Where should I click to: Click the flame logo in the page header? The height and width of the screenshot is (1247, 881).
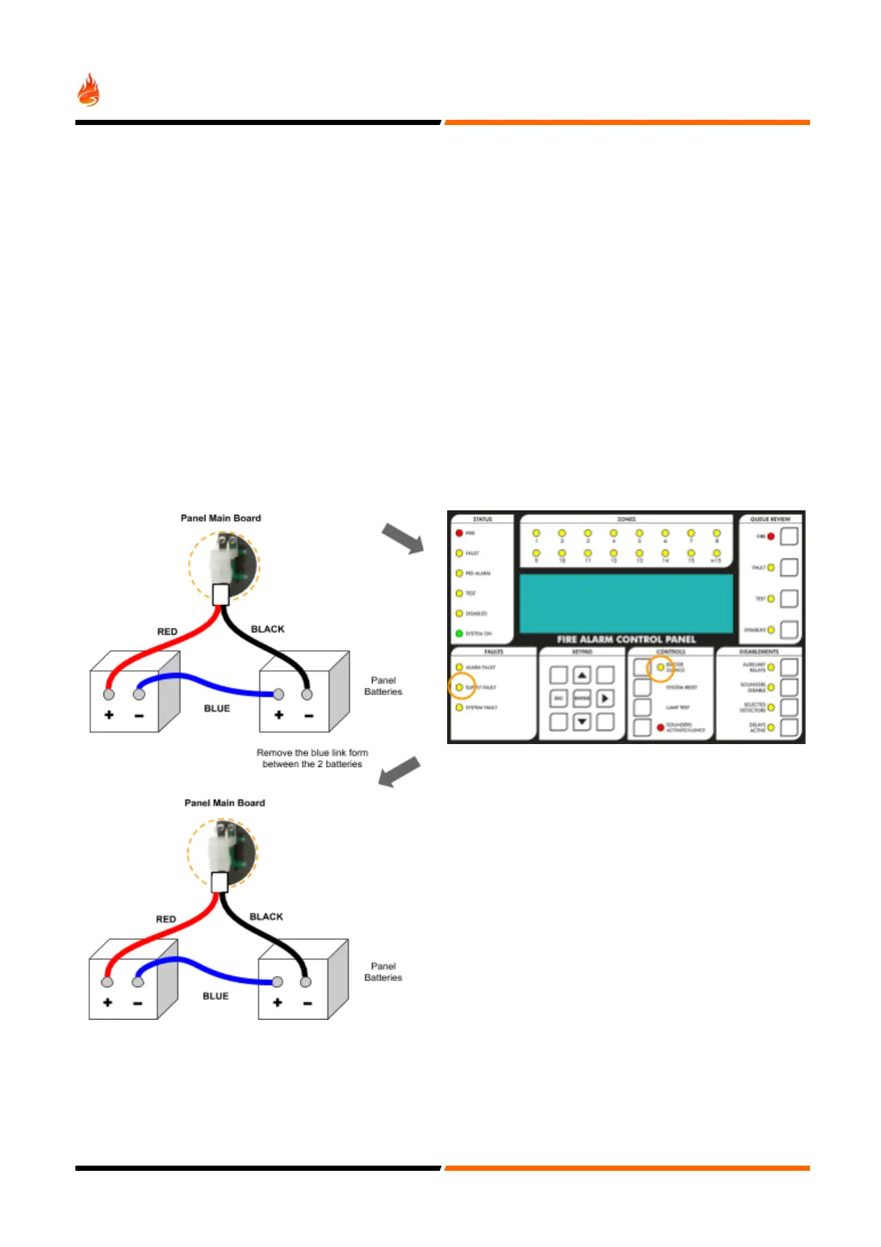coord(89,90)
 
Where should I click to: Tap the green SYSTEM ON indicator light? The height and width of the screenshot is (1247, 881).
coord(459,634)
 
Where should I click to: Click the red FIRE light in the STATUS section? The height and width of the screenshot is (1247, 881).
coord(459,533)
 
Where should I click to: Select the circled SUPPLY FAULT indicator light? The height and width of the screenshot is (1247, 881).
coord(459,687)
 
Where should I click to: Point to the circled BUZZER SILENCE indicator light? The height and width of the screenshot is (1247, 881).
coord(661,667)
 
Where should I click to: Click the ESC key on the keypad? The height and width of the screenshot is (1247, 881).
coord(559,698)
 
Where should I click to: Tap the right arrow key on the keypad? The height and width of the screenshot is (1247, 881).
coord(605,698)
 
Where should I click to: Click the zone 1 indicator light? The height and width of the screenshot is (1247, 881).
coord(537,533)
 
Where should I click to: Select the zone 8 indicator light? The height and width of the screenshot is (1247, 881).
coord(716,533)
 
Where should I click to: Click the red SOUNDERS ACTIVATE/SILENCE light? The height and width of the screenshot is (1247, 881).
coord(661,728)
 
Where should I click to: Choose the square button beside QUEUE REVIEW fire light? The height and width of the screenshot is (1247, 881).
coord(789,536)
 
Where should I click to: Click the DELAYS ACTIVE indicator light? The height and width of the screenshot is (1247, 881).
coord(771,728)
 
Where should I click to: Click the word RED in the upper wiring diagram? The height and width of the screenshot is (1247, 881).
coord(167,632)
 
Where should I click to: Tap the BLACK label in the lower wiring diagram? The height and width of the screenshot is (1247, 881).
coord(266,916)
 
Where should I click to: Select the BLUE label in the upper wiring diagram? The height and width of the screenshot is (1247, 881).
coord(217,709)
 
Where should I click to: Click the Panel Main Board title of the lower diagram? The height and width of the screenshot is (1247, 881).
coord(225,802)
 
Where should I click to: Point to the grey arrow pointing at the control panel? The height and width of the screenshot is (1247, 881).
coord(403,538)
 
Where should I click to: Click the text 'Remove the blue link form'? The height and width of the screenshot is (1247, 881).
coord(312,753)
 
